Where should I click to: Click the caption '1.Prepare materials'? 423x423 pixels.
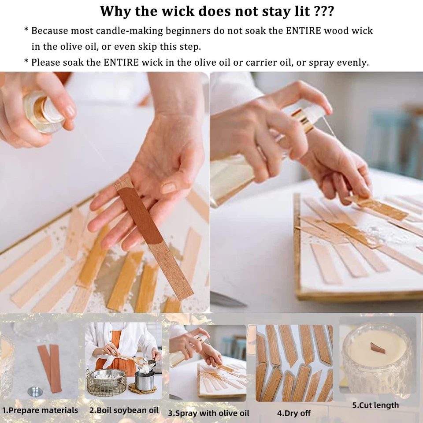click(x=40, y=410)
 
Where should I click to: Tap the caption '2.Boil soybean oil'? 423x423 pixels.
click(x=124, y=410)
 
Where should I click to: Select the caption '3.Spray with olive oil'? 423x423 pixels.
click(x=208, y=413)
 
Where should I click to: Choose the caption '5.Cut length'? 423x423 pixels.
click(x=375, y=405)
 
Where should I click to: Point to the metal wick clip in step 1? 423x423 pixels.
click(x=33, y=391)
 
